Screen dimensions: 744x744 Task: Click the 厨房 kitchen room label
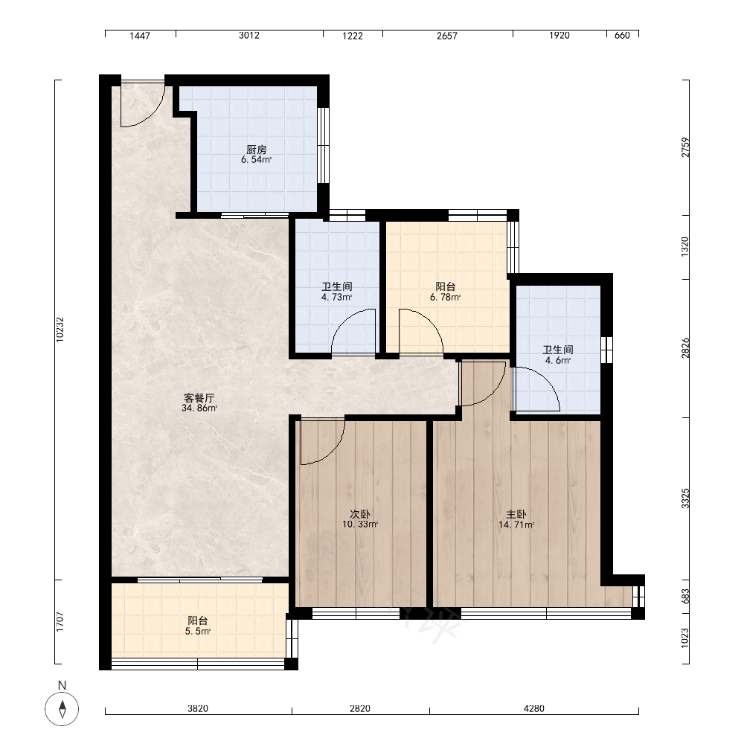point(256,150)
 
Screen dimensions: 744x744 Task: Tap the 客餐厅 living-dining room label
point(199,398)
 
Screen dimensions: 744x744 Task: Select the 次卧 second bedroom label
point(360,514)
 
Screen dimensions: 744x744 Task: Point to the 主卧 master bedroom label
point(516,514)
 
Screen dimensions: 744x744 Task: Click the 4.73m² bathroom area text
point(336,298)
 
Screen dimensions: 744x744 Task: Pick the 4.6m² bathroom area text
point(558,360)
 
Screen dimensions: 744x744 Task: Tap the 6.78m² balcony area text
point(445,298)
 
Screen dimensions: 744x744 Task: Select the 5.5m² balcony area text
point(198,631)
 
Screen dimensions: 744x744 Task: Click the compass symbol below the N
point(62,709)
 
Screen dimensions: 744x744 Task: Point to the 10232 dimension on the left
point(60,330)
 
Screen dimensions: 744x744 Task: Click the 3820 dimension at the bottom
point(198,708)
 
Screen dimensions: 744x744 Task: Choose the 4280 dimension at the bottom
point(533,708)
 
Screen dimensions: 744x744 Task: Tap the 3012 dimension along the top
point(249,35)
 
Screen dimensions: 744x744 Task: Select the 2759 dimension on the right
point(684,147)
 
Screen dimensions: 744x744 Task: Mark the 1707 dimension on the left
point(60,621)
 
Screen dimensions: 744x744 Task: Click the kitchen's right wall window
point(323,145)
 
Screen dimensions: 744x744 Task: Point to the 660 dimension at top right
point(622,35)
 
